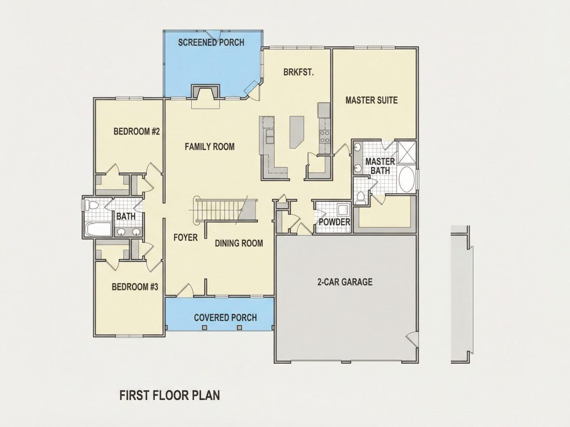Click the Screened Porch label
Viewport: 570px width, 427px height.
(211, 42)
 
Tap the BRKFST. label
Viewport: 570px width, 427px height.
(299, 72)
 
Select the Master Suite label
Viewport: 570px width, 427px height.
(372, 100)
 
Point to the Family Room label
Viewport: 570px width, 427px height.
(210, 146)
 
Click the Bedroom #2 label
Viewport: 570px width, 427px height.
(137, 131)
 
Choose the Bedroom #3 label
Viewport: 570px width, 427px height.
(135, 287)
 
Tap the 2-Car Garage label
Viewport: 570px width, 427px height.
(345, 282)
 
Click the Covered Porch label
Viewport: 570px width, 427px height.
(225, 318)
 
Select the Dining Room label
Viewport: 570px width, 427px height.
(239, 243)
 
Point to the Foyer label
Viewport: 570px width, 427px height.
(186, 238)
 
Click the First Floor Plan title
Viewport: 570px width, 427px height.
(170, 395)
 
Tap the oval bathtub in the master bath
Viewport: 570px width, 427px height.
(406, 179)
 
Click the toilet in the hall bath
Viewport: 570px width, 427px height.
(91, 205)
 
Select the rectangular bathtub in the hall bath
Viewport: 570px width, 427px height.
(97, 229)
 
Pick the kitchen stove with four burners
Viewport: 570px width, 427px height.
(324, 137)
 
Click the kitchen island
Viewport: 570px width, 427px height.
(296, 131)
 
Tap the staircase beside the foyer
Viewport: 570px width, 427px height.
(226, 210)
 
